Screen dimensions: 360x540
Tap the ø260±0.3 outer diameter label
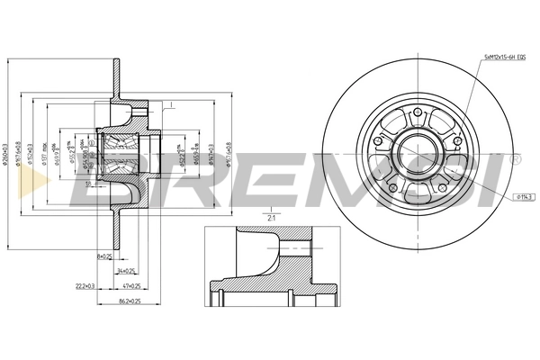(7, 148)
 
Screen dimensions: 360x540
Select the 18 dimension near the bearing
(88, 183)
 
